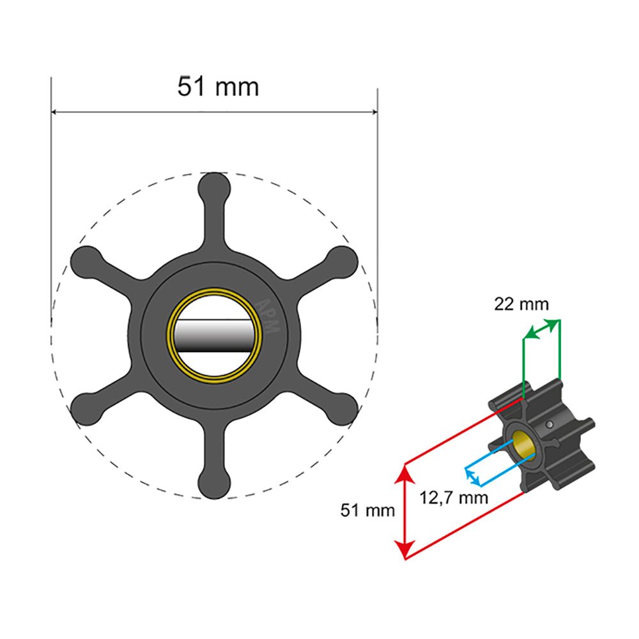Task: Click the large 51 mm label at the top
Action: click(218, 86)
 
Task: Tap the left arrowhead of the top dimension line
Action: click(55, 112)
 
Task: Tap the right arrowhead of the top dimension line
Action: click(374, 112)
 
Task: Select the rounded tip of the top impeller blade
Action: click(213, 187)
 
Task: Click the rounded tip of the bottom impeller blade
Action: click(213, 482)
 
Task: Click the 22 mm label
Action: click(521, 304)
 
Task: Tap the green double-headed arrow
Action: click(542, 328)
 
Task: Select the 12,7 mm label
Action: click(454, 496)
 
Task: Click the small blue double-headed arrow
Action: click(472, 476)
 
